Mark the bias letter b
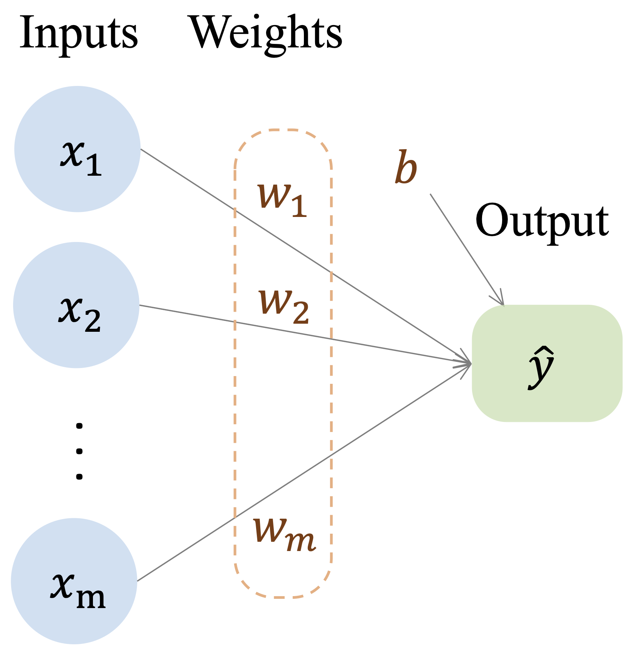tap(406, 168)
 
